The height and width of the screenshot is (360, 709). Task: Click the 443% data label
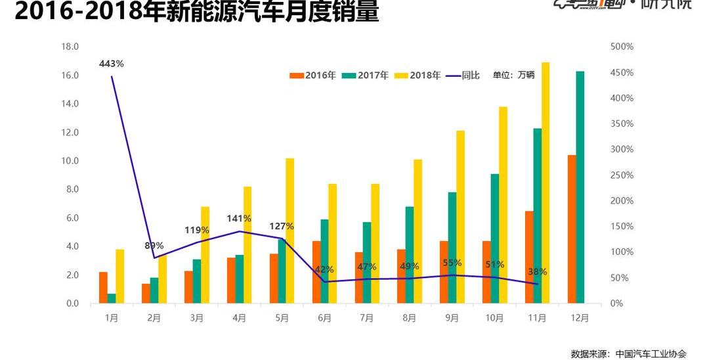click(x=112, y=64)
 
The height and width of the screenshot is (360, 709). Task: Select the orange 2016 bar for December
click(x=572, y=229)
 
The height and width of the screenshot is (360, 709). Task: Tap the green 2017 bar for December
click(x=580, y=187)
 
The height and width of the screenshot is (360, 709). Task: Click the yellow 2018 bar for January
click(x=119, y=276)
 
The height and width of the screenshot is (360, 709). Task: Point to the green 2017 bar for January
click(x=112, y=298)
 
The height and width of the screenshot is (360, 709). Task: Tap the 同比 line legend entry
click(x=463, y=76)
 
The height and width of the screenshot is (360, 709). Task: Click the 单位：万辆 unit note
click(x=513, y=75)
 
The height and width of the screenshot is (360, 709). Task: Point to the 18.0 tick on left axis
click(x=70, y=47)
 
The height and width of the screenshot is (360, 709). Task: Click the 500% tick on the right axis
click(x=622, y=47)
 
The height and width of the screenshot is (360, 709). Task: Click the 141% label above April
click(x=240, y=219)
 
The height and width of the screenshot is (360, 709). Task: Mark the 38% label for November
click(x=537, y=272)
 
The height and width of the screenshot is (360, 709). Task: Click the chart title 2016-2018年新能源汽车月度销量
click(x=197, y=11)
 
